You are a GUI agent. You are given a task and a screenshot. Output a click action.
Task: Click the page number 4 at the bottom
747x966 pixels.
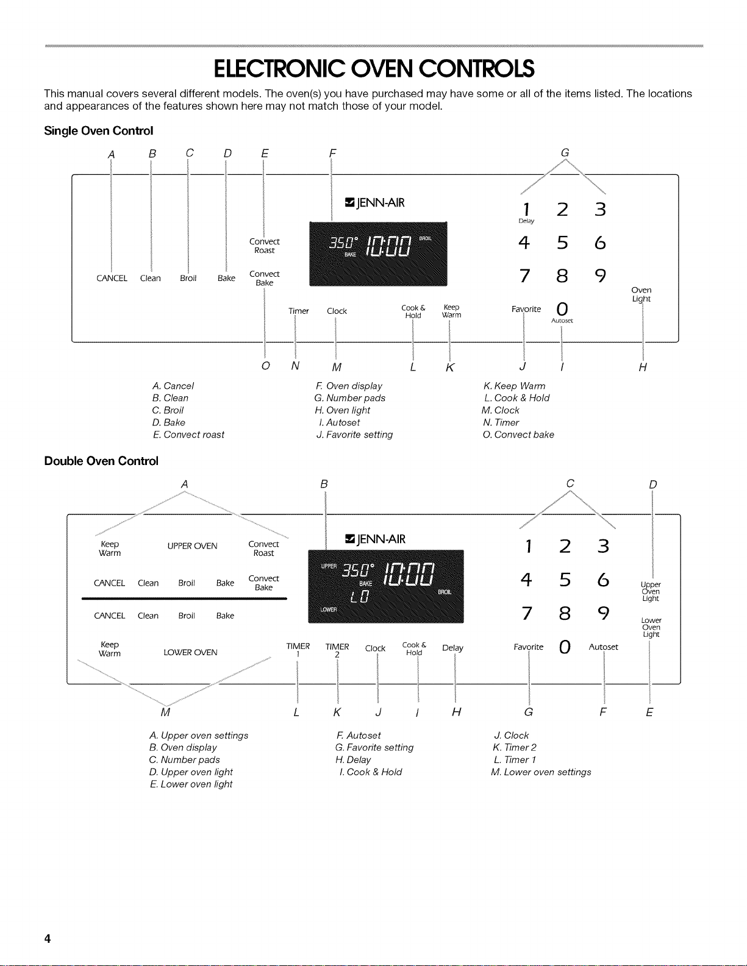point(47,939)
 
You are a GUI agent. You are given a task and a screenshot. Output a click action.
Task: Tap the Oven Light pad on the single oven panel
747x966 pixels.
point(641,294)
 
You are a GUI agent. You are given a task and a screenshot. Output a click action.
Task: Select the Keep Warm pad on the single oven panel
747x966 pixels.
point(451,311)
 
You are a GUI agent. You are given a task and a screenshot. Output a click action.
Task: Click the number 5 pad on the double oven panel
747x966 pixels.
point(565,580)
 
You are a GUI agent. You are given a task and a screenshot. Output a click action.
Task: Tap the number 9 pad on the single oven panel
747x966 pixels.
point(600,275)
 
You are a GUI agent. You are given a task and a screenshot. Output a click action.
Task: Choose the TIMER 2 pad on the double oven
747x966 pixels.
point(337,650)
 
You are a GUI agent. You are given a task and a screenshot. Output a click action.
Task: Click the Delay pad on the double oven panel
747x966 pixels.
point(452,648)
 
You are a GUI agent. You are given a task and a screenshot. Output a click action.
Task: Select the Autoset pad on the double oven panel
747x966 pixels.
point(603,647)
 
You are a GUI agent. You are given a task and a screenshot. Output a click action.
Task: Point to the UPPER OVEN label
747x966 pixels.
point(193,546)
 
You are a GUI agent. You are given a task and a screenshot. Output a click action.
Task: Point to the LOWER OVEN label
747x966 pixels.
point(190,652)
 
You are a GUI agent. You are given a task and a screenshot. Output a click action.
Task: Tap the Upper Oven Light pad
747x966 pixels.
point(651,591)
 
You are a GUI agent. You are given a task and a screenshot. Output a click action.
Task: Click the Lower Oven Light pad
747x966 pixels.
point(651,627)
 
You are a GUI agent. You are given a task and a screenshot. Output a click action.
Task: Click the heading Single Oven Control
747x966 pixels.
point(98,130)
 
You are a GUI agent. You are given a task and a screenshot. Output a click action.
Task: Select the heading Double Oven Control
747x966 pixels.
point(101,461)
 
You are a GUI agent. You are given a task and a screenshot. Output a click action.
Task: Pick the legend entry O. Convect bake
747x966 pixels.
point(518,435)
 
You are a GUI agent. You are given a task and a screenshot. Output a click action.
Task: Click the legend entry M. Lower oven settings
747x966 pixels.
point(541,772)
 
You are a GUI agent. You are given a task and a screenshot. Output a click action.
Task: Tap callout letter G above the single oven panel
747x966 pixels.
point(565,152)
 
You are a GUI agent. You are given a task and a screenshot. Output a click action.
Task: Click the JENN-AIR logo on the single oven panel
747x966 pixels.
point(375,203)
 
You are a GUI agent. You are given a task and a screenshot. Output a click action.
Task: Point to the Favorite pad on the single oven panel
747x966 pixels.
point(526,309)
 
